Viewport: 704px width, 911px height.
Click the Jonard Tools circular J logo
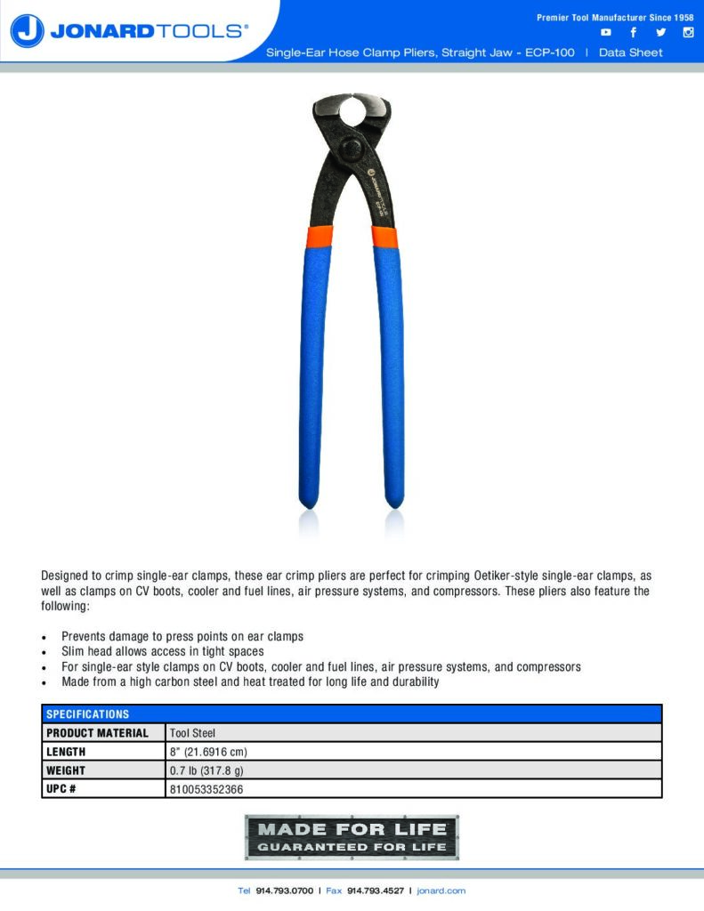28,31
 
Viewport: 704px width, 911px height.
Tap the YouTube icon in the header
606,33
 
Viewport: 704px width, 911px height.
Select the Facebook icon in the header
633,33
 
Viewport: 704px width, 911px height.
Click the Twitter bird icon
660,33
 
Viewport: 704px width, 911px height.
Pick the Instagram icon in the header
688,33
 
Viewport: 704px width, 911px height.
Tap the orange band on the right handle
384,236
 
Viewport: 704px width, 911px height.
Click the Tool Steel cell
192,733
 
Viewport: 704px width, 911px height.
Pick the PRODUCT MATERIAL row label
98,733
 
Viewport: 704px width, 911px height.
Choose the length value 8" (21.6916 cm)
208,752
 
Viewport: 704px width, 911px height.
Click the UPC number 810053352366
206,789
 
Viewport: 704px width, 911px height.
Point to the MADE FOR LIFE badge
352,837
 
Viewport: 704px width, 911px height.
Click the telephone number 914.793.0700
284,891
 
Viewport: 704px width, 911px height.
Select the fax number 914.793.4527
375,891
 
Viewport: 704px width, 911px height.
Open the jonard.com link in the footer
441,891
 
